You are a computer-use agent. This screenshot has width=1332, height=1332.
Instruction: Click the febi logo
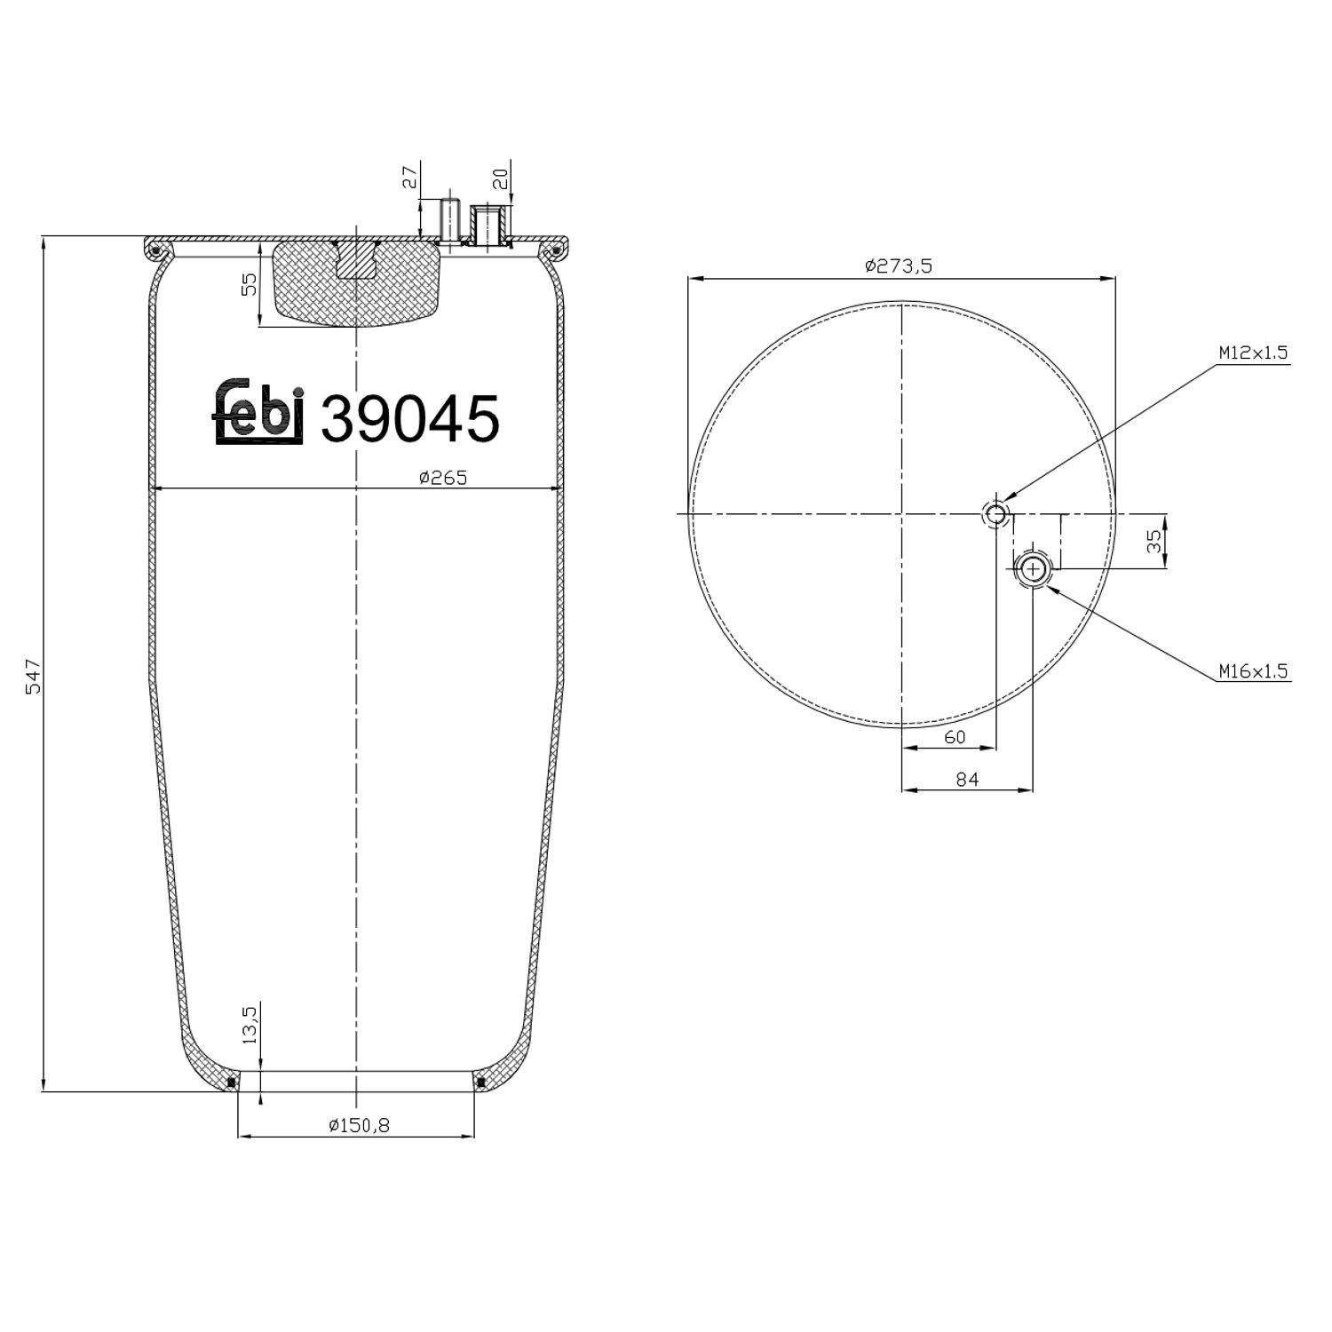[259, 413]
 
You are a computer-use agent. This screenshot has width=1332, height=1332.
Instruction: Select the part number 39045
[409, 418]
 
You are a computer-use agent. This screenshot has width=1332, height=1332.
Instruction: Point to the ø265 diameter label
[442, 478]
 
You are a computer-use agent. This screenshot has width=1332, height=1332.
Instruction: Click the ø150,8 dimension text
[359, 1125]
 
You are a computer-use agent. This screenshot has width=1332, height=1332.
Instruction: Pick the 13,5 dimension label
[250, 1024]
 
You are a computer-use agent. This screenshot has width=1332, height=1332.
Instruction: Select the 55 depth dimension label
[250, 284]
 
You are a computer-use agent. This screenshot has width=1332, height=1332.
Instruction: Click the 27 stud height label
[409, 177]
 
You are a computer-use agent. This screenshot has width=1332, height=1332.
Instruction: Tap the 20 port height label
[501, 178]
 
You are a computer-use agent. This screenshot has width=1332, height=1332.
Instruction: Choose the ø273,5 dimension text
[899, 266]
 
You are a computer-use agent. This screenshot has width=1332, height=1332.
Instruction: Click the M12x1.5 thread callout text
[1252, 353]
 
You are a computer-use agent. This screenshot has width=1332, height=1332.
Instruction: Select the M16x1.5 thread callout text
[1252, 671]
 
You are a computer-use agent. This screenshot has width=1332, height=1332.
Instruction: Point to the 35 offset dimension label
[1154, 542]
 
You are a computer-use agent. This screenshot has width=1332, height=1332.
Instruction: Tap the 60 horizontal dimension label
[955, 737]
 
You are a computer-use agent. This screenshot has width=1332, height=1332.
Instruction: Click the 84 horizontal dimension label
[967, 779]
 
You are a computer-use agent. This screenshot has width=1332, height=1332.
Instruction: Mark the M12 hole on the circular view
[995, 513]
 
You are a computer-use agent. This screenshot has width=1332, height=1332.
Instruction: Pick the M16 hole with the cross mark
[1033, 568]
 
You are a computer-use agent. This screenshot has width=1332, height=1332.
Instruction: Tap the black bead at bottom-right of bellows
[480, 1082]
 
